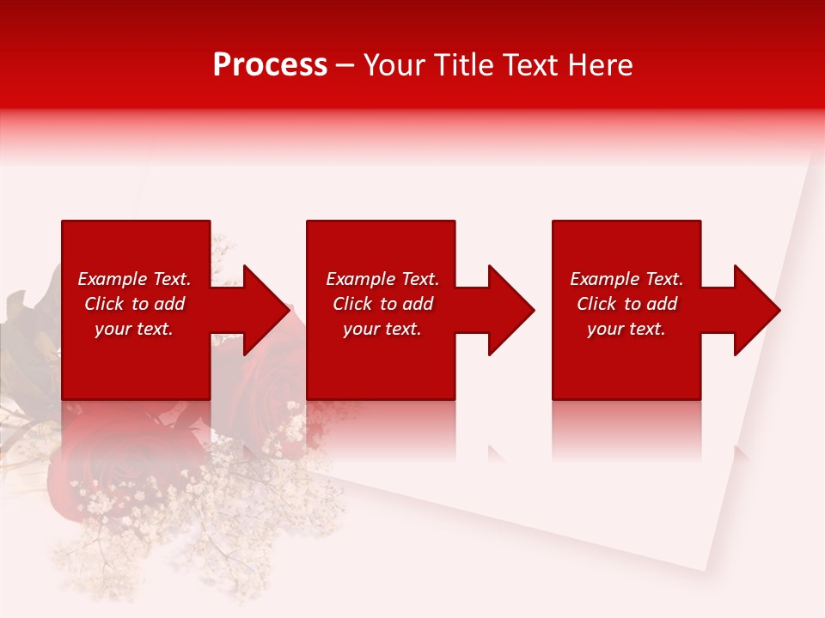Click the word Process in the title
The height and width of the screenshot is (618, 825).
tap(270, 65)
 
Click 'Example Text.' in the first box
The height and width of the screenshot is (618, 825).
tap(134, 279)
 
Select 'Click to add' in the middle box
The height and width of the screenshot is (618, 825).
tap(382, 304)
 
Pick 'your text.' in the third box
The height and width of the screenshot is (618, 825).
tap(626, 329)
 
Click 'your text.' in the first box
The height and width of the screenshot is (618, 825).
tap(134, 329)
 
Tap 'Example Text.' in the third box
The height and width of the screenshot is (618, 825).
tap(626, 279)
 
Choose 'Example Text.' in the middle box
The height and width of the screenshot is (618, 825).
tap(382, 279)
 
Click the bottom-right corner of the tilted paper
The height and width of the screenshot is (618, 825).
tap(706, 570)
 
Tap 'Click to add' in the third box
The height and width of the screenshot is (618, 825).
tap(626, 304)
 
